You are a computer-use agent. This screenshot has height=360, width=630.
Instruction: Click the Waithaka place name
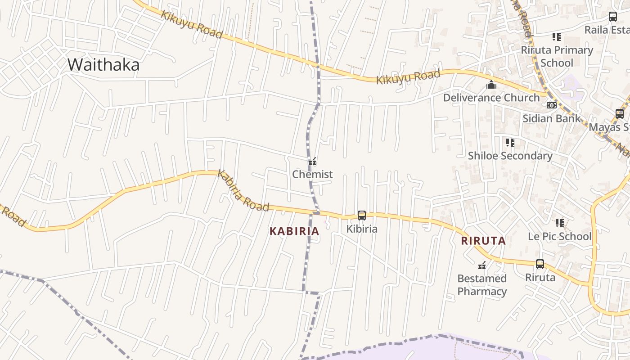103,65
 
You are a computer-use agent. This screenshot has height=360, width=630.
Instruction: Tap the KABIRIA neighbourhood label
294,231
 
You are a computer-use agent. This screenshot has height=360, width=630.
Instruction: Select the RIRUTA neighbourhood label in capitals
483,241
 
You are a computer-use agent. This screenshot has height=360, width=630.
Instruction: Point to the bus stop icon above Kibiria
362,216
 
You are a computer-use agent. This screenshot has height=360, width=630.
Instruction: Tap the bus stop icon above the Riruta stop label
540,264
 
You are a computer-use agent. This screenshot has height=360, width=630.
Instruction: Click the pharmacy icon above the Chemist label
312,162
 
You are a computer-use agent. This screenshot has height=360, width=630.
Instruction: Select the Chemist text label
312,174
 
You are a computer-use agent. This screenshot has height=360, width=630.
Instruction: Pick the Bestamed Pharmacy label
482,285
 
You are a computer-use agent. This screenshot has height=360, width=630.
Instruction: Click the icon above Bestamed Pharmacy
482,265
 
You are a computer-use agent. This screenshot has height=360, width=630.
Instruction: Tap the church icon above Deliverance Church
491,85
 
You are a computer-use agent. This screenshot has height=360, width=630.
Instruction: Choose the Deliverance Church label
491,98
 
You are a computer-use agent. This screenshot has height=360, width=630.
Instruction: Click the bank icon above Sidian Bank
551,105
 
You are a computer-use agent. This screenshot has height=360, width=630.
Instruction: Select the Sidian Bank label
551,118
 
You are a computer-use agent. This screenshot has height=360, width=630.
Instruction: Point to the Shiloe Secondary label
510,156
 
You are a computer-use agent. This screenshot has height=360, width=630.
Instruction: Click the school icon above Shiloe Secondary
510,143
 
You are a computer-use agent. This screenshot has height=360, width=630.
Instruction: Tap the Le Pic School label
559,236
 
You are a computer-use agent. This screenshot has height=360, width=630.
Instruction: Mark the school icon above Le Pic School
559,223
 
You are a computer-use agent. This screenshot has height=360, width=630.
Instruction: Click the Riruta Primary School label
557,56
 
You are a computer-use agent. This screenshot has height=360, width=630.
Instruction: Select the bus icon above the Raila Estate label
613,17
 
